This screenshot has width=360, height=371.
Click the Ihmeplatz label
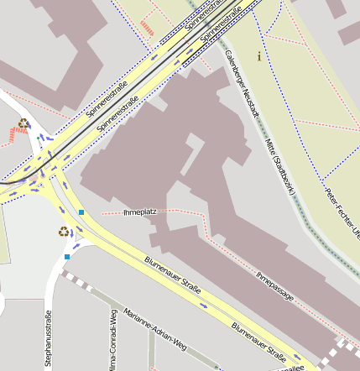139,212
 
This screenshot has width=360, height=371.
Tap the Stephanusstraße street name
48,340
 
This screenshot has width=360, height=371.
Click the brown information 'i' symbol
259,56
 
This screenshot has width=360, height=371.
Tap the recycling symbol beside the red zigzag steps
23,123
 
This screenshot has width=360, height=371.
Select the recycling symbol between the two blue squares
64,232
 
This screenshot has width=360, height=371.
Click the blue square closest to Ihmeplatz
81,212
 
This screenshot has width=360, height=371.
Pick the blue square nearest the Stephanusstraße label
66,257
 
